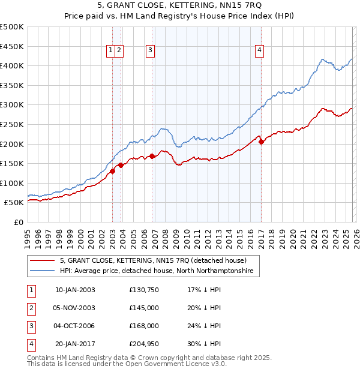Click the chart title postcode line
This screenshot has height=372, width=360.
[x=180, y=7]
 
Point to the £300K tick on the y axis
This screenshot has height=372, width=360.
[x=13, y=105]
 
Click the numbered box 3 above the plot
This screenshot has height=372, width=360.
[x=149, y=51]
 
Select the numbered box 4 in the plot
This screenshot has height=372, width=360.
[x=259, y=51]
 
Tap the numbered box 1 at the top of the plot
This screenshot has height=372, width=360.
[x=112, y=51]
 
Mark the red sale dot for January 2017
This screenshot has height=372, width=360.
[x=261, y=142]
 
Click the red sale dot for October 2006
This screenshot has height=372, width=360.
[x=152, y=156]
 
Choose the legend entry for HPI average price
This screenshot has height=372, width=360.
[x=156, y=271]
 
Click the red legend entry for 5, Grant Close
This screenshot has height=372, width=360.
[x=153, y=261]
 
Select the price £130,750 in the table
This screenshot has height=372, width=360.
[x=143, y=290]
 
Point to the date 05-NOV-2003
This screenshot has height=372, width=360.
[x=75, y=308]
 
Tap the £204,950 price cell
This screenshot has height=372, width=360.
[x=143, y=344]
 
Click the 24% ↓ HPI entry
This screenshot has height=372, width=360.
[x=204, y=326]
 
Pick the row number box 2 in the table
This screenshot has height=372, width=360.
[x=31, y=308]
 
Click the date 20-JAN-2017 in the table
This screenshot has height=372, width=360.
[x=75, y=344]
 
